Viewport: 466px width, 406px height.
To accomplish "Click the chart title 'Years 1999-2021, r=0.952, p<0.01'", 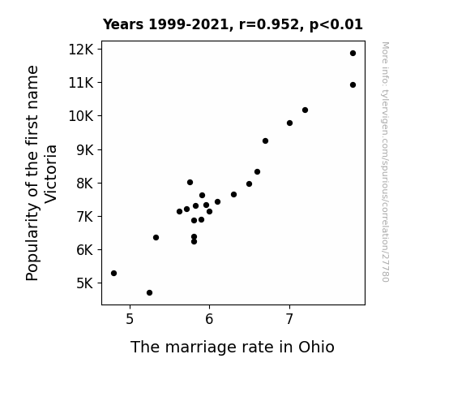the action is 233,24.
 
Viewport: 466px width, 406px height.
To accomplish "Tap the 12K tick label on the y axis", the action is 81,50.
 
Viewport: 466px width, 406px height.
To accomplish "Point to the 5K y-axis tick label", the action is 85,283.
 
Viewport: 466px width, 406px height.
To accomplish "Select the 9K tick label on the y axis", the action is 85,149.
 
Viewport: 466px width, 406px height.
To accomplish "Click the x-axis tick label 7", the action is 289,319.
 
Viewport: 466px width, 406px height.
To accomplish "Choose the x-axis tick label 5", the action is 130,319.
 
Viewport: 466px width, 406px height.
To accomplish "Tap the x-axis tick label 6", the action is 209,319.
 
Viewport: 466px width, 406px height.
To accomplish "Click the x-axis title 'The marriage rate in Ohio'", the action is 233,347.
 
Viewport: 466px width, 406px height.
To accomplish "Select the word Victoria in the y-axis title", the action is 50,174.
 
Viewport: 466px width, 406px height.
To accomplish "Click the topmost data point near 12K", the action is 353,54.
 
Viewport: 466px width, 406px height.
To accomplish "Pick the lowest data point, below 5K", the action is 149,293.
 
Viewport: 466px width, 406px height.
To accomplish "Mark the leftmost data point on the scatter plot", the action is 113,273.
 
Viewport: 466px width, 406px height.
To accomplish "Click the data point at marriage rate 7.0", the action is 290,123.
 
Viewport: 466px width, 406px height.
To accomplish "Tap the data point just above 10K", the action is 305,110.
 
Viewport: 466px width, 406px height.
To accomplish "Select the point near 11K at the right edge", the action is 353,85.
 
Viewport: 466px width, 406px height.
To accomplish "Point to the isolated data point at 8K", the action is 190,183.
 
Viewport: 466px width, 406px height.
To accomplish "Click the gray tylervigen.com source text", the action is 386,162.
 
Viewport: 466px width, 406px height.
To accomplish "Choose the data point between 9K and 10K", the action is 265,141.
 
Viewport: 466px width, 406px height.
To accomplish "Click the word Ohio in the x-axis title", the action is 317,347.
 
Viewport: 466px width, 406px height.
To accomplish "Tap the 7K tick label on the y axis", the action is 85,216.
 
